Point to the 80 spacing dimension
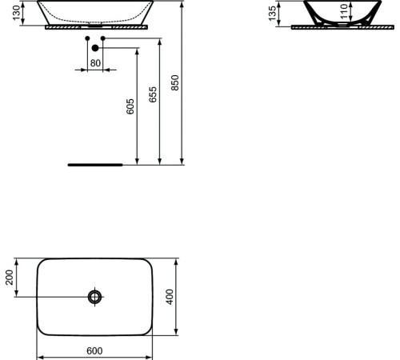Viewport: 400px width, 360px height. [95, 62]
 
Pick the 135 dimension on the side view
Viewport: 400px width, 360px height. [271, 13]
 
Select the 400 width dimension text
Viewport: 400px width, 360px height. [169, 297]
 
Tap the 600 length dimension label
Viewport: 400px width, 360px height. [95, 350]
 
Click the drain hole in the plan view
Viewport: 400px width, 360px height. [95, 297]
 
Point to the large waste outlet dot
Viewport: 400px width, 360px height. [95, 49]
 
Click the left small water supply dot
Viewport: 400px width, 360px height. [88, 38]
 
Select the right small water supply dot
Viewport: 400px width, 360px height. [103, 38]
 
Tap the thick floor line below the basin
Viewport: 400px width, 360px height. [94, 165]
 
